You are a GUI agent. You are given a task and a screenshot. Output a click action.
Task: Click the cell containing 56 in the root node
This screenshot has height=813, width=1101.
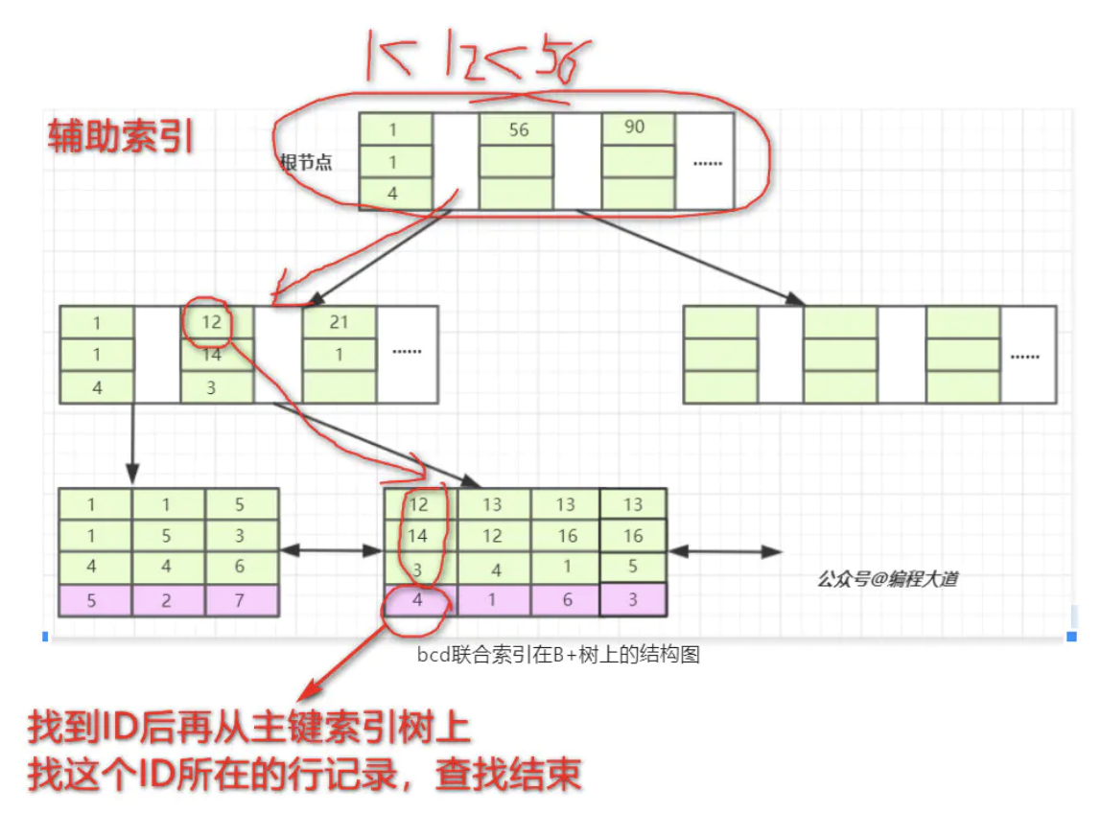[518, 129]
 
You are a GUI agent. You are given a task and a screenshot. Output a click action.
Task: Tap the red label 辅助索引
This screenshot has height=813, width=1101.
[122, 137]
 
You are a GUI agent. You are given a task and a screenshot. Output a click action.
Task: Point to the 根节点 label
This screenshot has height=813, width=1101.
[306, 162]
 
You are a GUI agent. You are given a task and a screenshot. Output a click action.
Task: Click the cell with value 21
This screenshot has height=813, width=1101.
[339, 323]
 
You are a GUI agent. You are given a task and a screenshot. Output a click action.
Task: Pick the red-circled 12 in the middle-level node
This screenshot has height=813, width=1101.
[212, 322]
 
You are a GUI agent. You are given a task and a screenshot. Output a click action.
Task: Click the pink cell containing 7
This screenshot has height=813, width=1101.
[241, 600]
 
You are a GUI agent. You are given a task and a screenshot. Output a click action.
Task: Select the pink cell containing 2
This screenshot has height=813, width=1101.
[167, 600]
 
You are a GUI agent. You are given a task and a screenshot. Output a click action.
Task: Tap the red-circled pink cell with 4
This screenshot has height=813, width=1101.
[417, 600]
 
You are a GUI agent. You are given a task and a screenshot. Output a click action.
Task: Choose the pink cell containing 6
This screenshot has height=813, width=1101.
[566, 600]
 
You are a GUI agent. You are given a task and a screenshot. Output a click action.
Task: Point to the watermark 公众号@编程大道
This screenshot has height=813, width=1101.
[887, 578]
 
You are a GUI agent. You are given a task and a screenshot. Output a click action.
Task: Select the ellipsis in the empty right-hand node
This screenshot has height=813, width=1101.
[1025, 355]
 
